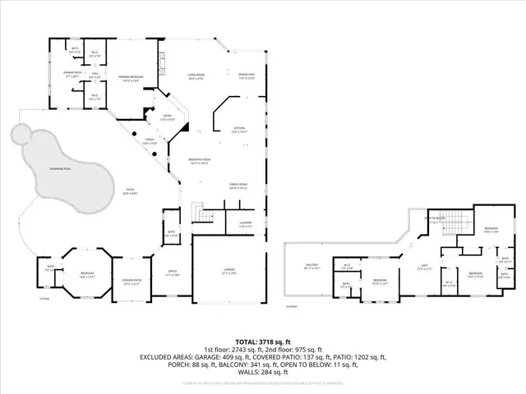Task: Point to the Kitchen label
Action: click(x=238, y=130)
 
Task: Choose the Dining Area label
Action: click(x=246, y=77)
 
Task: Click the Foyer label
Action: click(x=166, y=117)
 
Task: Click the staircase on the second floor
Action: click(x=460, y=222)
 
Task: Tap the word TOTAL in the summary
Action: click(x=247, y=341)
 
